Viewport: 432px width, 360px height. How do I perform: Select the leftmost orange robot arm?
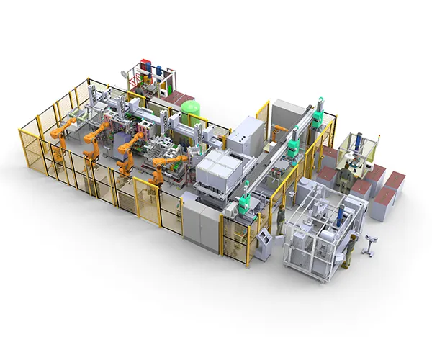coord(60,140)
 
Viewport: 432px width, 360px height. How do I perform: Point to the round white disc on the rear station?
coord(130,73)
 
